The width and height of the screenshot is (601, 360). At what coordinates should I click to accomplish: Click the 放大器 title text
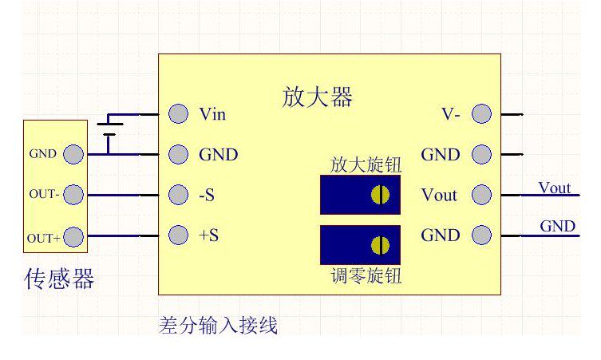pyautogui.click(x=317, y=97)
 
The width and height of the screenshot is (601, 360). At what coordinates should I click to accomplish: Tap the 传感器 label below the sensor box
pyautogui.click(x=59, y=279)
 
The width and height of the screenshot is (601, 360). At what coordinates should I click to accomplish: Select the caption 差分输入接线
pyautogui.click(x=219, y=325)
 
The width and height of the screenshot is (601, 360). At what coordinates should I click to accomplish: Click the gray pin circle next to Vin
pyautogui.click(x=179, y=114)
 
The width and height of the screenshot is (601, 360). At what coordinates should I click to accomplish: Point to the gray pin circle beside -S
pyautogui.click(x=179, y=195)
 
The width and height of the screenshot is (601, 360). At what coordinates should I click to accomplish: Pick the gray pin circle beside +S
pyautogui.click(x=179, y=235)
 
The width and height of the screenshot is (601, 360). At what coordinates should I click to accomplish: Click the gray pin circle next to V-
pyautogui.click(x=481, y=114)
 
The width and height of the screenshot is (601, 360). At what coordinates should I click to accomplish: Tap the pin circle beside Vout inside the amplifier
pyautogui.click(x=481, y=195)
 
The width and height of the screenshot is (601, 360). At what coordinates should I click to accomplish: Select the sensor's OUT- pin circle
pyautogui.click(x=73, y=195)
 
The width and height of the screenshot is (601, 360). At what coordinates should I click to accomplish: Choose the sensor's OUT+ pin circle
pyautogui.click(x=73, y=237)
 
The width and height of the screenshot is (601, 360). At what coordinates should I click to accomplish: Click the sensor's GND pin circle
pyautogui.click(x=73, y=154)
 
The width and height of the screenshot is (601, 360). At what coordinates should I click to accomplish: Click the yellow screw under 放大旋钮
pyautogui.click(x=381, y=195)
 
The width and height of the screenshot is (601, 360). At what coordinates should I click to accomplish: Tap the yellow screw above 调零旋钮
pyautogui.click(x=381, y=245)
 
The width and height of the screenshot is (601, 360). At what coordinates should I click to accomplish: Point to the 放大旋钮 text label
pyautogui.click(x=366, y=165)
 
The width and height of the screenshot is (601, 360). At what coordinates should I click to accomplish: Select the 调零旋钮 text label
pyautogui.click(x=366, y=277)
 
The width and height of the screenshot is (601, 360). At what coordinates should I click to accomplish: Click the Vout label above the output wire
pyautogui.click(x=555, y=188)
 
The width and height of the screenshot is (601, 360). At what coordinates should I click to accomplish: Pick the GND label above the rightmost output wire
pyautogui.click(x=557, y=226)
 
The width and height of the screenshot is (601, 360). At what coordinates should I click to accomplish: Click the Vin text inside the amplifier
pyautogui.click(x=212, y=114)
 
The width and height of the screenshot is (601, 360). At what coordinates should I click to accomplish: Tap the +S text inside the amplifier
pyautogui.click(x=208, y=235)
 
